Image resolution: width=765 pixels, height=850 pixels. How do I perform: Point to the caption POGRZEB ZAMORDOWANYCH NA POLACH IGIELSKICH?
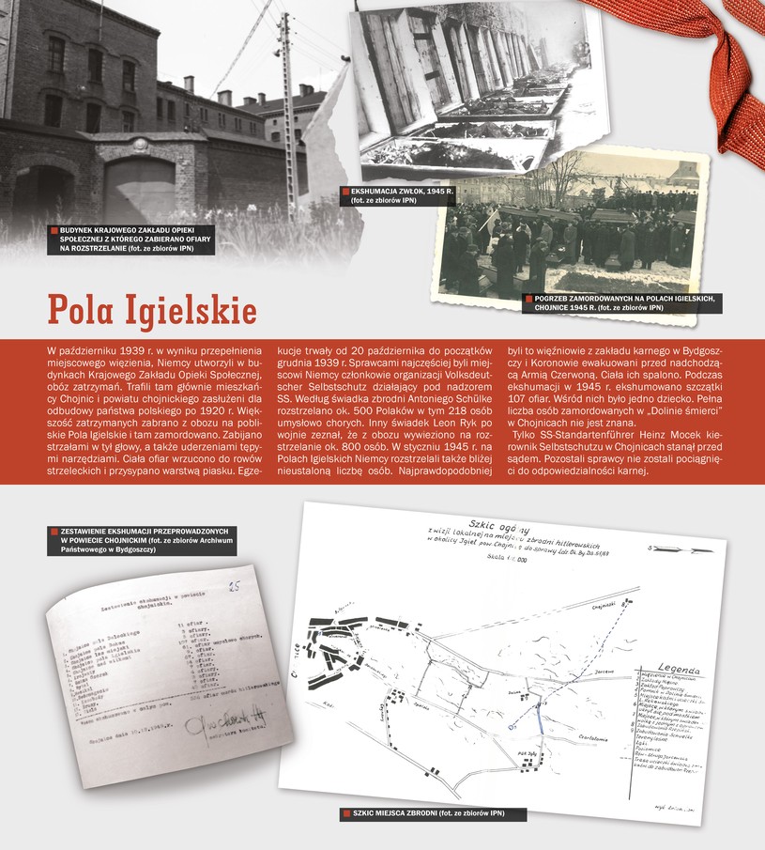point(627,302)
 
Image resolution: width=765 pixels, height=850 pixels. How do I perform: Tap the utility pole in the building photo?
point(286,113)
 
